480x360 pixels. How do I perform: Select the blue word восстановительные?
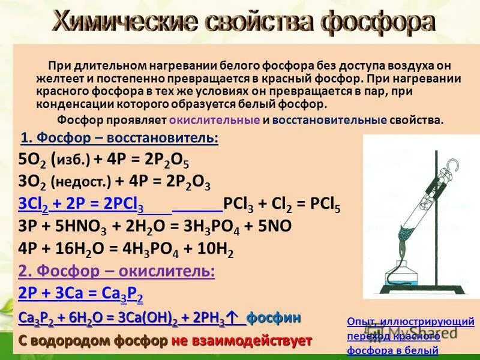pos(329,120)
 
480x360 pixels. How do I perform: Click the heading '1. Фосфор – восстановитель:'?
pos(120,139)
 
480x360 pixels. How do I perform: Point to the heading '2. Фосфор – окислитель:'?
pos(116,271)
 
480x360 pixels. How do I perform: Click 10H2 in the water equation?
pos(213,250)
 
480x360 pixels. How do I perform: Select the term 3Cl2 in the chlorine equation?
pos(34,205)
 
